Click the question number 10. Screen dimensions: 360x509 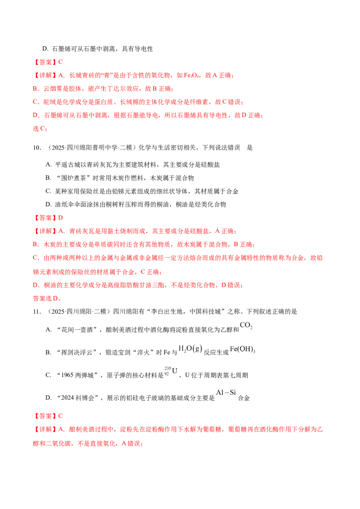[x=37, y=147]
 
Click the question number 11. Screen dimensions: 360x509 [x=37, y=312]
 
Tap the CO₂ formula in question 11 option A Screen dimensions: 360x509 [x=246, y=325]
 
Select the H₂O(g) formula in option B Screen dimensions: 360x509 [x=190, y=349]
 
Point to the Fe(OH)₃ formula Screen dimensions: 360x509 [x=243, y=349]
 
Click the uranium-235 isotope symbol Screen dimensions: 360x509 [x=171, y=371]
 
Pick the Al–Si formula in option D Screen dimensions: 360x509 [x=226, y=393]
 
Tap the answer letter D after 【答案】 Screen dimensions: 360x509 [x=60, y=218]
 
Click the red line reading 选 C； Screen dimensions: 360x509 [x=40, y=129]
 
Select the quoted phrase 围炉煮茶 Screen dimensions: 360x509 [x=75, y=178]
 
